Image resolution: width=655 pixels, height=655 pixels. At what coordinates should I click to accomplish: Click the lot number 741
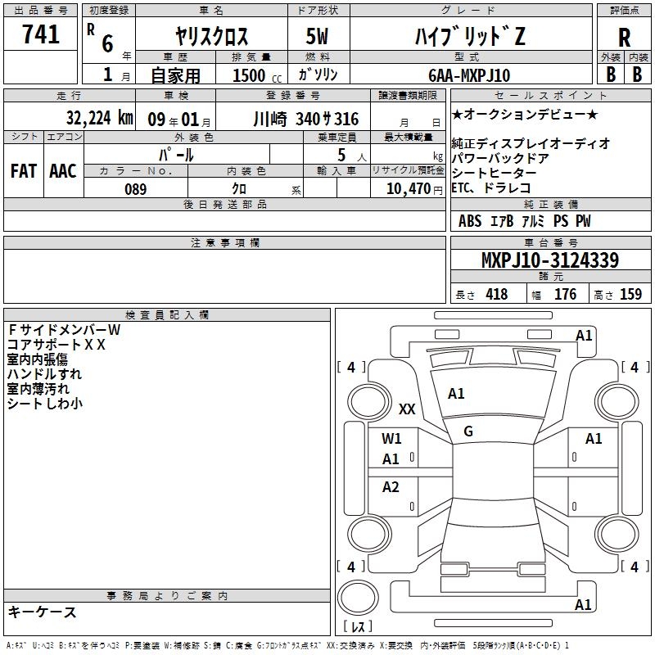coord(40,34)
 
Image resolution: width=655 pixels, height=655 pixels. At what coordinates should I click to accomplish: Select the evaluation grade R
coord(624,38)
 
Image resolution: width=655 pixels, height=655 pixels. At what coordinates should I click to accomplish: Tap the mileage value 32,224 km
coord(99,118)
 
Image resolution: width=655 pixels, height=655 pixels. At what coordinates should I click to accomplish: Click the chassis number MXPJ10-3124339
coord(550,260)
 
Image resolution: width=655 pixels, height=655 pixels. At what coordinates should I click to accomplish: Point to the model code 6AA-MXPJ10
coord(469,75)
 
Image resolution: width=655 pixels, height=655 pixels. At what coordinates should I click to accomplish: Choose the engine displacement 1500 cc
coord(257,75)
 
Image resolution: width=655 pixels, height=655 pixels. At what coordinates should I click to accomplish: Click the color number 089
coord(135,189)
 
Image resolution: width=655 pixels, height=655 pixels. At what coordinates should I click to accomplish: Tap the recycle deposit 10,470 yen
coord(414,189)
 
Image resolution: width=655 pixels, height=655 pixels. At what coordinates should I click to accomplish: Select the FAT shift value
coord(24,171)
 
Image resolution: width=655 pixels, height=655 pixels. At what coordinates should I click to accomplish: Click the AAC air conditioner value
coord(63,171)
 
